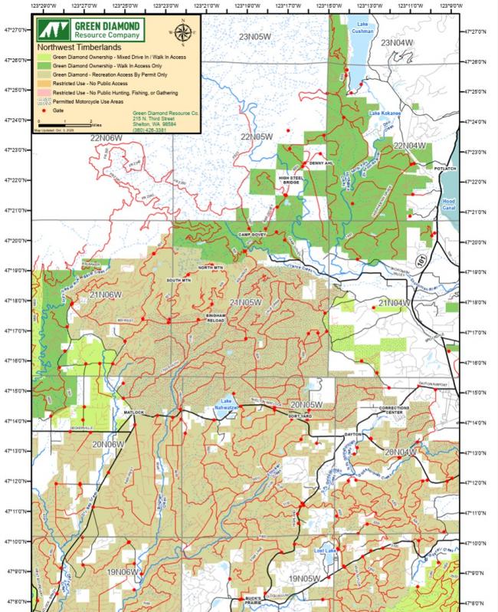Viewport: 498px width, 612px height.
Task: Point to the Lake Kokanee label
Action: click(385, 114)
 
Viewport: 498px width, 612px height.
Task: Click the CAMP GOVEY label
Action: click(251, 235)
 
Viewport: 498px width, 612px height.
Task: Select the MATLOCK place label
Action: click(134, 413)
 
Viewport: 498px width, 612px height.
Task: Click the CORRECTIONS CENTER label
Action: click(395, 410)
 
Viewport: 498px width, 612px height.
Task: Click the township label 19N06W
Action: click(123, 572)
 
